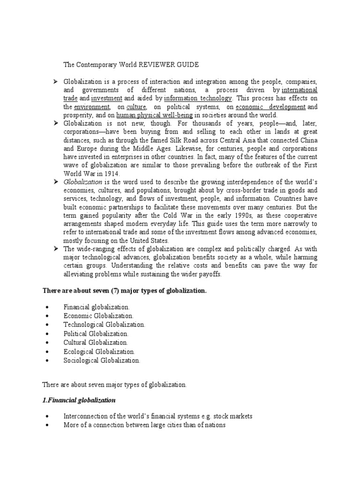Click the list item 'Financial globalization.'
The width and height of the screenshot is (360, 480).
point(97,307)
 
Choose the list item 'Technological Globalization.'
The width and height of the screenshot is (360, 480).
point(104,324)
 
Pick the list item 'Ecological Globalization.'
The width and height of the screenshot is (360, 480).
point(99,352)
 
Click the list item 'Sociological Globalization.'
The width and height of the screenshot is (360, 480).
point(102,360)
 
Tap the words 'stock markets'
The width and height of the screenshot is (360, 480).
point(234,416)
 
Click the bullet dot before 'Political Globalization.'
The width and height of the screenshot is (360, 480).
point(48,334)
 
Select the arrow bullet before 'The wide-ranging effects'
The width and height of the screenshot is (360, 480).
point(55,249)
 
